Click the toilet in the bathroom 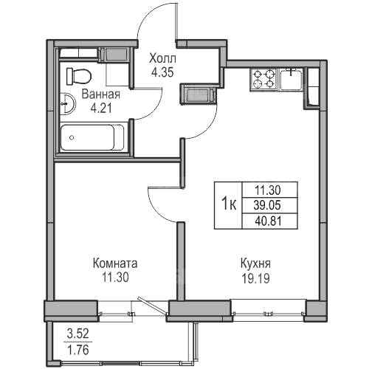tap(79, 76)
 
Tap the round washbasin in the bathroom tap(68, 103)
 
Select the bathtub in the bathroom tap(92, 137)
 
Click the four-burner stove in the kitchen tap(263, 80)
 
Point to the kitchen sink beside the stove tap(292, 80)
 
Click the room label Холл tap(162, 59)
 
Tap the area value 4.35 tap(162, 72)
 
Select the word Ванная tap(101, 94)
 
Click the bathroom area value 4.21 tap(101, 108)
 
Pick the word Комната tap(115, 263)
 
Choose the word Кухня tap(255, 263)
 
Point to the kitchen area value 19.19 tap(255, 278)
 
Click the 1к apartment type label tap(229, 204)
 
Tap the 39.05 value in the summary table tap(267, 205)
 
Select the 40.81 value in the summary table tap(268, 221)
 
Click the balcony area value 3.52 tap(77, 334)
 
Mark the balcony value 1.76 tap(77, 350)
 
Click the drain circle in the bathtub tap(72, 137)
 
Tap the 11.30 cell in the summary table tap(267, 190)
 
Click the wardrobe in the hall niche tap(199, 95)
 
